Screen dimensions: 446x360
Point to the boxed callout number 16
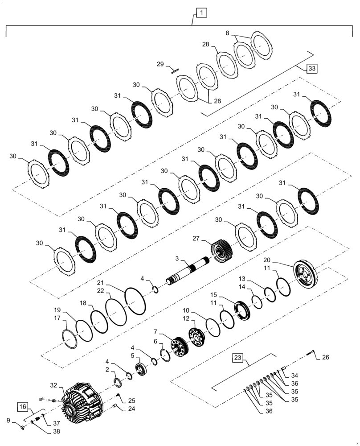(x=24, y=406)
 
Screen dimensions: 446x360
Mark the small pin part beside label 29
(x=174, y=70)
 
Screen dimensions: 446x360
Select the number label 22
(x=102, y=291)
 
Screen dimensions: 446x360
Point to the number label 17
(x=57, y=318)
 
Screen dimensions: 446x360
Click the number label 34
(x=295, y=375)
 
